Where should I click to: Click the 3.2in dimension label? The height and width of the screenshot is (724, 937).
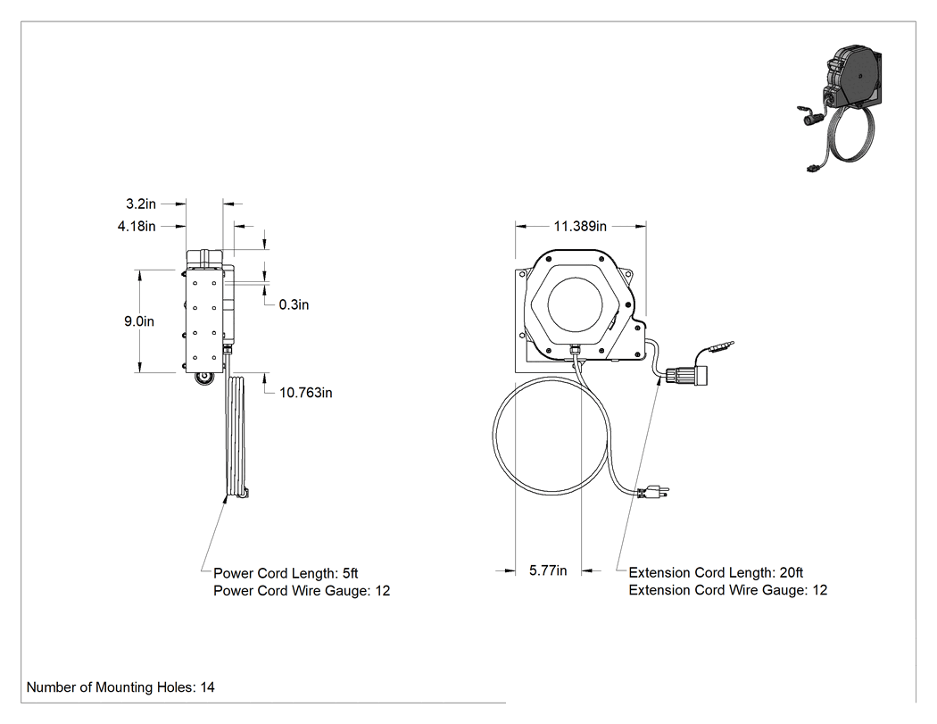tap(141, 204)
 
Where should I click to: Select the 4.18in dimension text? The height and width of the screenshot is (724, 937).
tap(137, 226)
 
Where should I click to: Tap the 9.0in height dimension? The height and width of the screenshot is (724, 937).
tap(139, 321)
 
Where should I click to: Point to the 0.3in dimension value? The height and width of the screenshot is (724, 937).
tap(294, 304)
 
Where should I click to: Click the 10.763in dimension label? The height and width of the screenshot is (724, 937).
tap(306, 393)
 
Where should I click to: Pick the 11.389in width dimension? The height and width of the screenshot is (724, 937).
tap(580, 226)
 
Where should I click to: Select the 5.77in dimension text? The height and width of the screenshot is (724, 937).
tap(548, 570)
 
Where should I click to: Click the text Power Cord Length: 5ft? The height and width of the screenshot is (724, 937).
tap(286, 573)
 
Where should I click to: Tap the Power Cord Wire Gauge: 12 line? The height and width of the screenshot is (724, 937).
tap(302, 591)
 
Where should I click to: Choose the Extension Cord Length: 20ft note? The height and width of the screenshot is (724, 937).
tap(716, 573)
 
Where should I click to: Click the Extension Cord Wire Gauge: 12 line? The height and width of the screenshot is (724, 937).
tap(728, 590)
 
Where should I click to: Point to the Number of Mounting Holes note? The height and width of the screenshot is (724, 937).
tap(120, 687)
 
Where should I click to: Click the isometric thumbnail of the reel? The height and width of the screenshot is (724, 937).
tap(841, 108)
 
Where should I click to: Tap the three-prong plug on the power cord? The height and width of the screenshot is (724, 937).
tap(654, 493)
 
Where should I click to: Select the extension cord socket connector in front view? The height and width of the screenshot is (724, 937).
tap(686, 375)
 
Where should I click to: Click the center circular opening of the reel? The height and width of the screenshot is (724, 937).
tap(575, 304)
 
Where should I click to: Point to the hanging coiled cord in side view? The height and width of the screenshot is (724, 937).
tap(236, 437)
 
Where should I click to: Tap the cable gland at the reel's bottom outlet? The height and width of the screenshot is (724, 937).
tap(575, 348)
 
